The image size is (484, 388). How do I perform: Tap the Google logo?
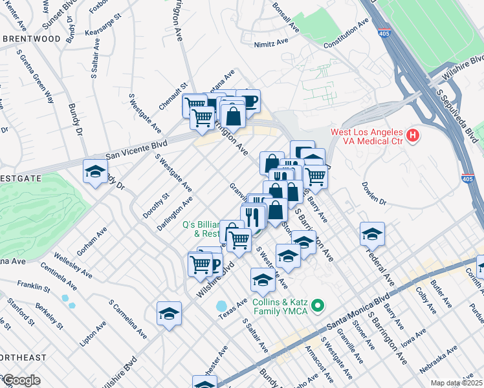pos(21,380)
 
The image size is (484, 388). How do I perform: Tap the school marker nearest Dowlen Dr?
pos(373,235)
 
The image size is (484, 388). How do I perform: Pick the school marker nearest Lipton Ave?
pos(169,314)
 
